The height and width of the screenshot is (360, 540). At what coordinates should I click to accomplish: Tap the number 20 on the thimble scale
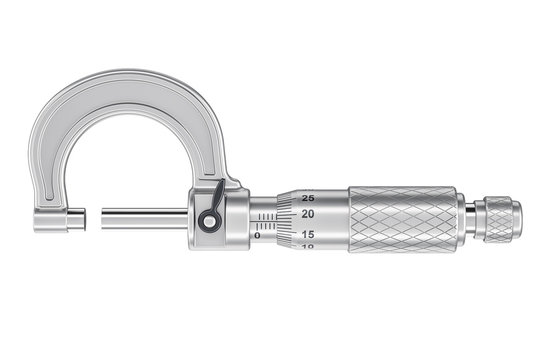click(x=308, y=214)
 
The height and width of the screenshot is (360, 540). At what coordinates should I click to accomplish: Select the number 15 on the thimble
click(x=308, y=234)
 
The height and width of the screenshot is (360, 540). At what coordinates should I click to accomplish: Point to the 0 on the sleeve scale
click(x=257, y=236)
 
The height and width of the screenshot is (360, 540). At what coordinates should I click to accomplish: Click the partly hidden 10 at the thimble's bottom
click(x=308, y=246)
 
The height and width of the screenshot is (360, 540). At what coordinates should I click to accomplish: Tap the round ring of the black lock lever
click(x=210, y=222)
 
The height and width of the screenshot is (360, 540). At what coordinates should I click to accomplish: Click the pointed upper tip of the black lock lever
click(x=222, y=185)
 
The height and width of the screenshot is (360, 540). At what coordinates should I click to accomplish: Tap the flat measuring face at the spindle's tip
click(x=103, y=217)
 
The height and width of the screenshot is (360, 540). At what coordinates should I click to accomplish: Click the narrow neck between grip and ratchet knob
click(x=476, y=217)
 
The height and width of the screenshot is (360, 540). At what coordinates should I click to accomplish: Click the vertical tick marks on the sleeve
click(x=265, y=216)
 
